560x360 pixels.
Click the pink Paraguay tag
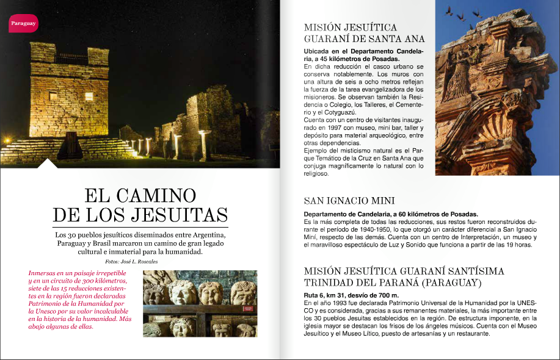coord(24,23)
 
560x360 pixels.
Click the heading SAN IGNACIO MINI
coord(349,201)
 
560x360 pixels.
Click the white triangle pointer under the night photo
coord(48,164)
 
